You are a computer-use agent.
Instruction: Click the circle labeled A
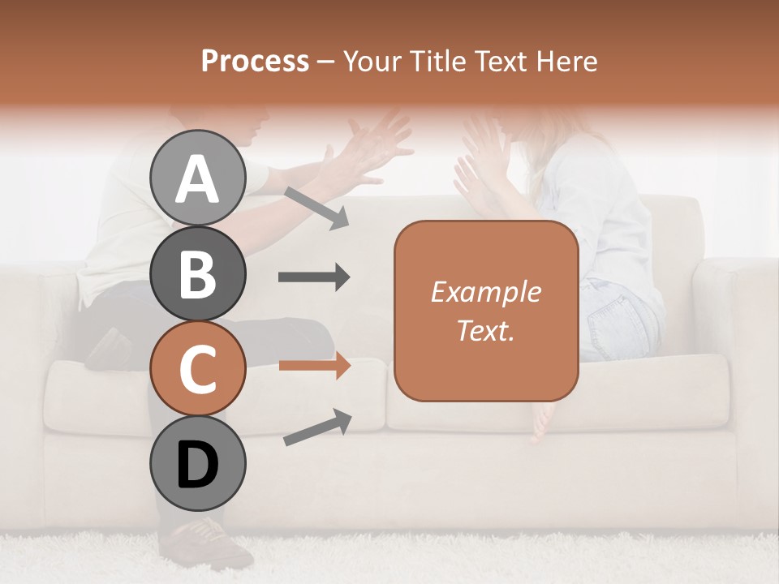point(197,178)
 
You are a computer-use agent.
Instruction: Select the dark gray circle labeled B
point(197,273)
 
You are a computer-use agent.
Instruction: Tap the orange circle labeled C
point(197,368)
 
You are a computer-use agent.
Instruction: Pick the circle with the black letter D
point(197,463)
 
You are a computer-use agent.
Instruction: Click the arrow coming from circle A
point(316,208)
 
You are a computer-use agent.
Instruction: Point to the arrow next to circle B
point(314,277)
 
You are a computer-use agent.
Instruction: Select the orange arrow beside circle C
point(314,366)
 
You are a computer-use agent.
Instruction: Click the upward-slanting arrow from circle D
point(317,427)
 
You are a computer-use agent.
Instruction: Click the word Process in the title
point(255,61)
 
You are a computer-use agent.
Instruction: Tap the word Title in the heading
point(437,61)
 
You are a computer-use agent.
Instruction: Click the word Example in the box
point(485,292)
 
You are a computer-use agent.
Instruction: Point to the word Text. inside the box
point(485,330)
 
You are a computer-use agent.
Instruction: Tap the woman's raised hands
point(479,162)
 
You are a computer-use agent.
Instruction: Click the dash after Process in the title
point(325,62)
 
